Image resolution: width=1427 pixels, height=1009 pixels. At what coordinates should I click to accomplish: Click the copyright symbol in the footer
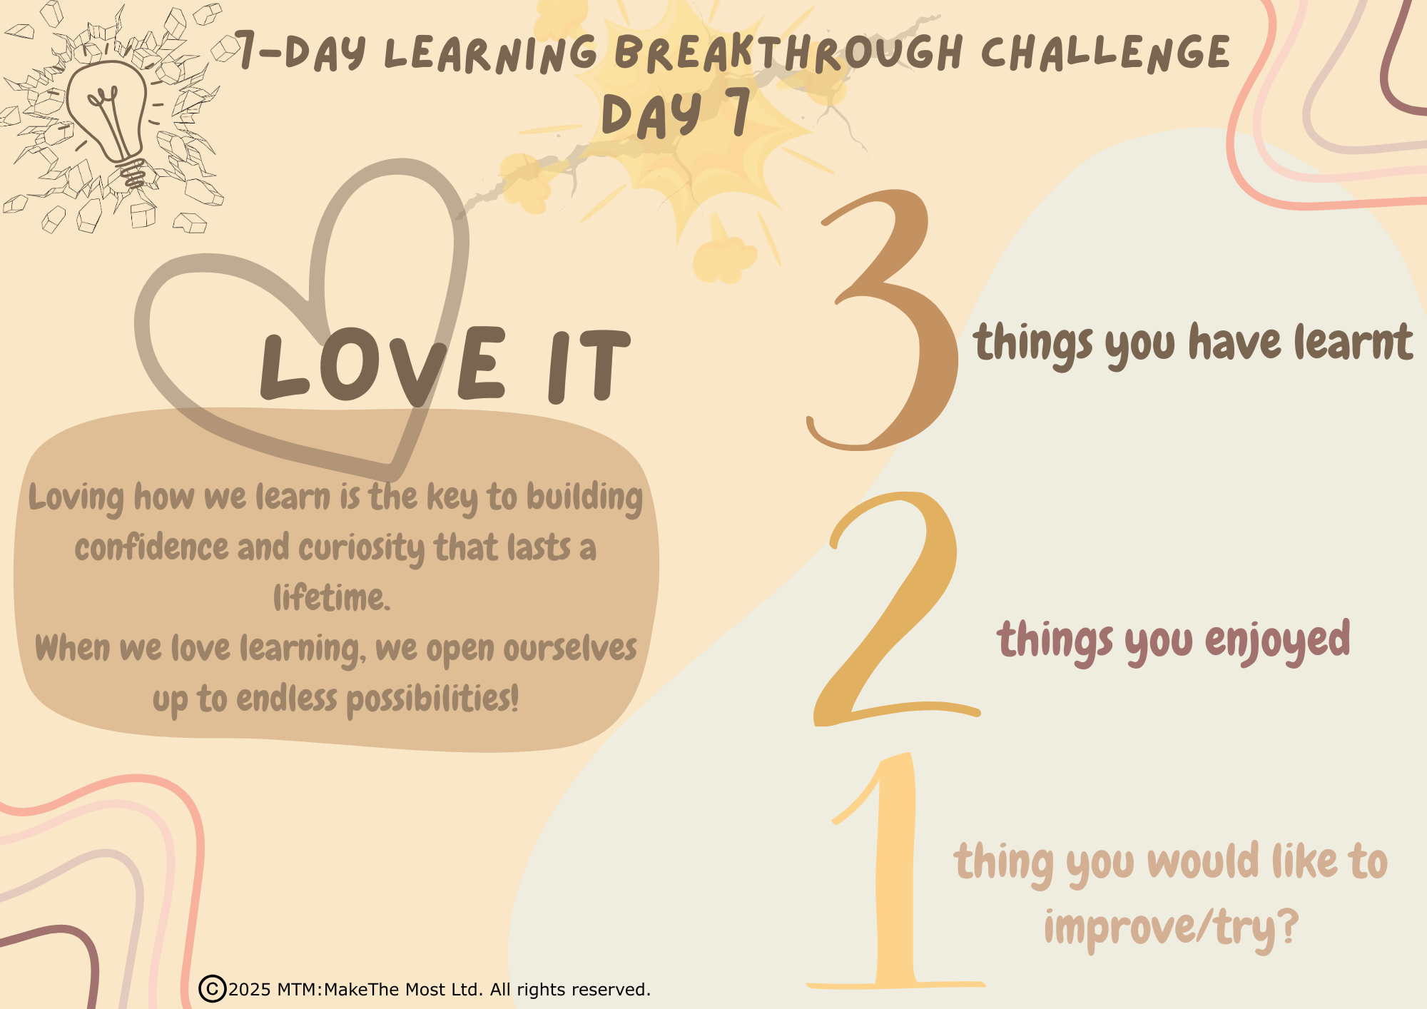(212, 989)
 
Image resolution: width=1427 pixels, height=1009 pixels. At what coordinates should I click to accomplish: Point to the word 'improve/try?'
(1171, 928)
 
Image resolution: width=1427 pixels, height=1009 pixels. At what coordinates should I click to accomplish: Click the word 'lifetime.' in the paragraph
(332, 597)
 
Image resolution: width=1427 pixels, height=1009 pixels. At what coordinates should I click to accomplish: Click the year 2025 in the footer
(250, 990)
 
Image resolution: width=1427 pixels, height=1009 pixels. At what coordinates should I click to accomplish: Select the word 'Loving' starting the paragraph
(76, 498)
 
